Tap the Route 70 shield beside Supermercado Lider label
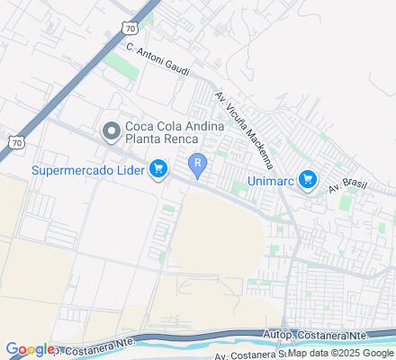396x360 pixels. (x=15, y=141)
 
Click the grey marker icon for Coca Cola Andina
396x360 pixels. (x=111, y=132)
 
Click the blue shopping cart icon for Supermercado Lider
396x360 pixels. (x=159, y=168)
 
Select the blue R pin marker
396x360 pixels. (x=197, y=164)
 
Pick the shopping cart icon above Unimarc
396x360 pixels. (x=309, y=180)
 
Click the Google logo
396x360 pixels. (x=28, y=349)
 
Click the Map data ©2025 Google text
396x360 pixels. (x=340, y=353)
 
